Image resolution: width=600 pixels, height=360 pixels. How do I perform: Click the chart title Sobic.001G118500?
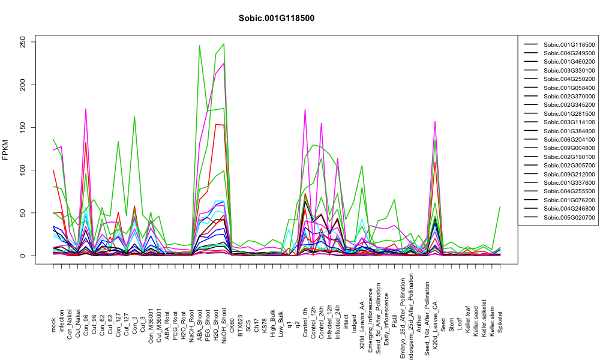point(276,18)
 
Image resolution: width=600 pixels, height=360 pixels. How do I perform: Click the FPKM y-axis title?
point(5,150)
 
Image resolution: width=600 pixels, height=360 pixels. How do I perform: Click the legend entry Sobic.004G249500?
point(569,53)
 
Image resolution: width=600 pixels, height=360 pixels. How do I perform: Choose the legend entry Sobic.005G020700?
point(569,217)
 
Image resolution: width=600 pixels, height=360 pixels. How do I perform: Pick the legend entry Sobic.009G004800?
point(569,148)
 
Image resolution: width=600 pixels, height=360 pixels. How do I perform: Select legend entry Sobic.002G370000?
point(569,97)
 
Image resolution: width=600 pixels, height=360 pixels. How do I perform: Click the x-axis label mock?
point(53,325)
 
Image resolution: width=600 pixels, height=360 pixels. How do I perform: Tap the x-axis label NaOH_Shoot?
point(224,320)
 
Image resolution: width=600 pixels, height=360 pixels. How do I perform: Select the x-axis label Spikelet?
point(500,322)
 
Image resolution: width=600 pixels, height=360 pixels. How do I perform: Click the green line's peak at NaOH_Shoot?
point(224,44)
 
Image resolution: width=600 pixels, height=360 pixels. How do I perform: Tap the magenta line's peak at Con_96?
point(86,109)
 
